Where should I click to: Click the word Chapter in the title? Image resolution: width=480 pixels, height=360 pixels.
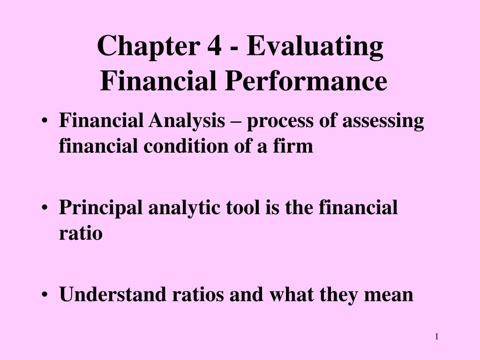pyautogui.click(x=149, y=46)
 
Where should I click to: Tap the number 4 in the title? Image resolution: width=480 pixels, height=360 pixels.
pyautogui.click(x=214, y=46)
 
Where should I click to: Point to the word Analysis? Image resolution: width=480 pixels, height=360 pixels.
pyautogui.click(x=187, y=121)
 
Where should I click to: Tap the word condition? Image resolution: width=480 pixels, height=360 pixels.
pyautogui.click(x=186, y=146)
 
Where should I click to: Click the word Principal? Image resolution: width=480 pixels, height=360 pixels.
pyautogui.click(x=100, y=208)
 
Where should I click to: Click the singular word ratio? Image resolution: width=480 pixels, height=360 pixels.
pyautogui.click(x=81, y=233)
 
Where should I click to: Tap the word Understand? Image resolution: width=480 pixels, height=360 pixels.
pyautogui.click(x=112, y=294)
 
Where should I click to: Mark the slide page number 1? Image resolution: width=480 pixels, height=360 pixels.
pyautogui.click(x=437, y=337)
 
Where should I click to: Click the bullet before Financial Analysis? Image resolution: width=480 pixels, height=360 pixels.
pyautogui.click(x=45, y=121)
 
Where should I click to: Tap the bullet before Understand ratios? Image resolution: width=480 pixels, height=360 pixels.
pyautogui.click(x=45, y=295)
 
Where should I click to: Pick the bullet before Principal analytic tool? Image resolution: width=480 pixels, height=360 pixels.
pyautogui.click(x=45, y=208)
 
